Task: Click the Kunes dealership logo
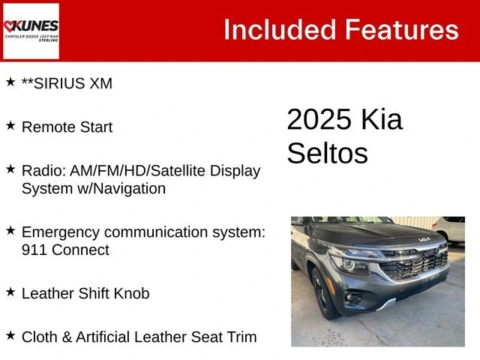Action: [x=31, y=31]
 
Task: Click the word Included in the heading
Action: [x=279, y=30]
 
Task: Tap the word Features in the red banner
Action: [x=401, y=30]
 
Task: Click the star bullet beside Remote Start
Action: [x=10, y=125]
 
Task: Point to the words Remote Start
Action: [x=67, y=127]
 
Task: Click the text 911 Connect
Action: [x=65, y=250]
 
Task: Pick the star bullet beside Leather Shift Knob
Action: [x=10, y=292]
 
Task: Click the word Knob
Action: [x=130, y=293]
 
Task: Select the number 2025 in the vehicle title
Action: [x=318, y=120]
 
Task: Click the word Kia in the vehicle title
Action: [x=381, y=120]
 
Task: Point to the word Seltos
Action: [x=327, y=153]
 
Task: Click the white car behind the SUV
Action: [x=449, y=228]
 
